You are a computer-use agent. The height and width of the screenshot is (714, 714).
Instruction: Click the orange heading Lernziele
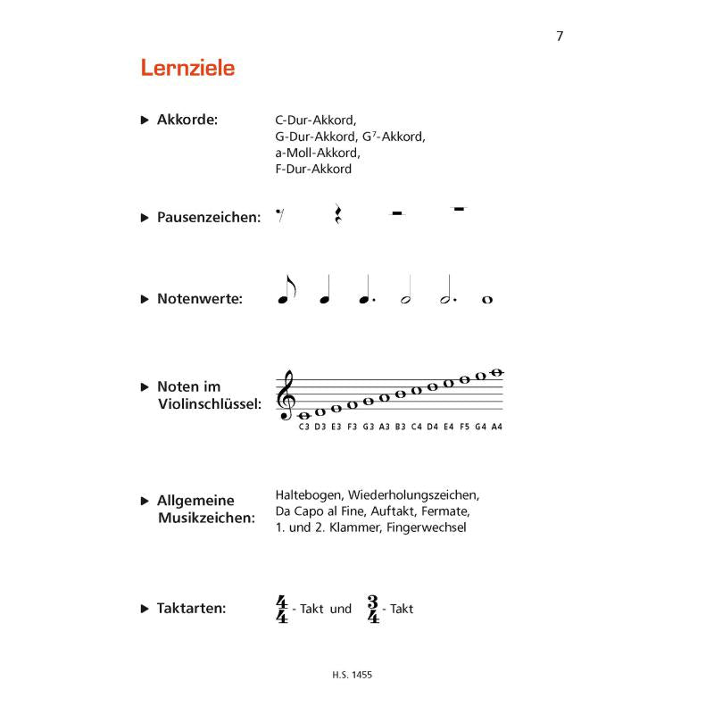pyautogui.click(x=187, y=67)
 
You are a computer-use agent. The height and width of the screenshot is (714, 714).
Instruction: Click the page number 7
pyautogui.click(x=560, y=36)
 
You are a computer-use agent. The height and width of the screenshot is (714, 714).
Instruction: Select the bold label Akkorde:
pyautogui.click(x=187, y=120)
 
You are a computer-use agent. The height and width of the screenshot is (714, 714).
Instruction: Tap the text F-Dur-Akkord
pyautogui.click(x=313, y=169)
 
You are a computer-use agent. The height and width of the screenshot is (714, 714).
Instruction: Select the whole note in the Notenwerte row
pyautogui.click(x=486, y=300)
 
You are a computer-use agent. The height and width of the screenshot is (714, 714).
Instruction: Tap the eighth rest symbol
pyautogui.click(x=280, y=214)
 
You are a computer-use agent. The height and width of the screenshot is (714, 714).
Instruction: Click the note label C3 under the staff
pyautogui.click(x=304, y=427)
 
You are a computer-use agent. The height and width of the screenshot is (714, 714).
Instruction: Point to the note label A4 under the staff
pyautogui.click(x=496, y=427)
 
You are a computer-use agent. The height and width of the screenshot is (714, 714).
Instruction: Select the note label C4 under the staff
pyautogui.click(x=416, y=427)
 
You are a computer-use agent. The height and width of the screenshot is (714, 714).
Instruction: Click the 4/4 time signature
pyautogui.click(x=283, y=610)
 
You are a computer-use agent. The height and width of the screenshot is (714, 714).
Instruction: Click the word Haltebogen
pyautogui.click(x=309, y=494)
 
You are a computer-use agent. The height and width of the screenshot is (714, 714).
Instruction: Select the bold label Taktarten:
pyautogui.click(x=191, y=609)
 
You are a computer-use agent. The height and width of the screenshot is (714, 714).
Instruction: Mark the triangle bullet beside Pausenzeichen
pyautogui.click(x=145, y=217)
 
